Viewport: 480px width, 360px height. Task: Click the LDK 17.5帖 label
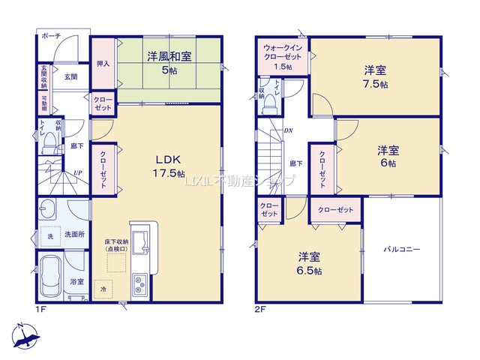169,166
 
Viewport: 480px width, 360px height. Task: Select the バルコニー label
403,249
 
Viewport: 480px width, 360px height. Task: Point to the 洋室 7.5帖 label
376,76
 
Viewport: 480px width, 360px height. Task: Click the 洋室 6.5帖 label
308,262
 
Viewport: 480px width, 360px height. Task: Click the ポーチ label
52,36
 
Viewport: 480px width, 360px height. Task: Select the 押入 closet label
103,64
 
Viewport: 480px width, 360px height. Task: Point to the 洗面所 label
72,233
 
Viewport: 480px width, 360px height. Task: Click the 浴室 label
77,282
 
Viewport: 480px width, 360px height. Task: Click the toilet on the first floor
47,139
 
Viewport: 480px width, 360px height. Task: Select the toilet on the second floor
269,106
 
